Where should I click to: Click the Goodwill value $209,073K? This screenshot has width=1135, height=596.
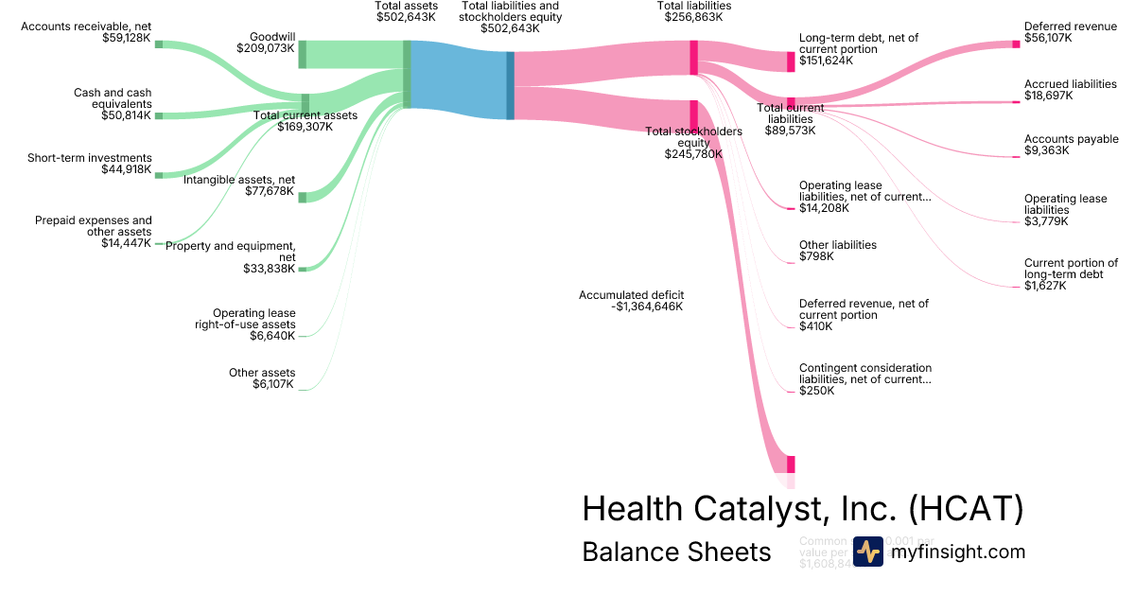[266, 47]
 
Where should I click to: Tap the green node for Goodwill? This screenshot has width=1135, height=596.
[303, 54]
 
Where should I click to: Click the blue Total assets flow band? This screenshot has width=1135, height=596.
[459, 79]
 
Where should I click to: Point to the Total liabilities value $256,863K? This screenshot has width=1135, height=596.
[694, 17]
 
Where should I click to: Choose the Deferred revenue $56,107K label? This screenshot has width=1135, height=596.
[1070, 33]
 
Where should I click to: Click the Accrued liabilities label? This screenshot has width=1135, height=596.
[1070, 84]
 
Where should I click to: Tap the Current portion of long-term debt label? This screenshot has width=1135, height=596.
[1071, 269]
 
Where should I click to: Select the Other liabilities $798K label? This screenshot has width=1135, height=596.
[837, 251]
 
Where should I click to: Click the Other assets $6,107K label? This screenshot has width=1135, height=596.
[262, 378]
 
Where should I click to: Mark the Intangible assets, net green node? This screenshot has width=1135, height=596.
[303, 197]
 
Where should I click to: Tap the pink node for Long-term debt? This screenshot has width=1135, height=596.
[791, 61]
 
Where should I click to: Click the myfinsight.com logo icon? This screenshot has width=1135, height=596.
[867, 552]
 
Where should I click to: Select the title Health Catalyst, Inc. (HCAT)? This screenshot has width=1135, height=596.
[802, 509]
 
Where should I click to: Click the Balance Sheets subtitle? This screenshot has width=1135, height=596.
[676, 552]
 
